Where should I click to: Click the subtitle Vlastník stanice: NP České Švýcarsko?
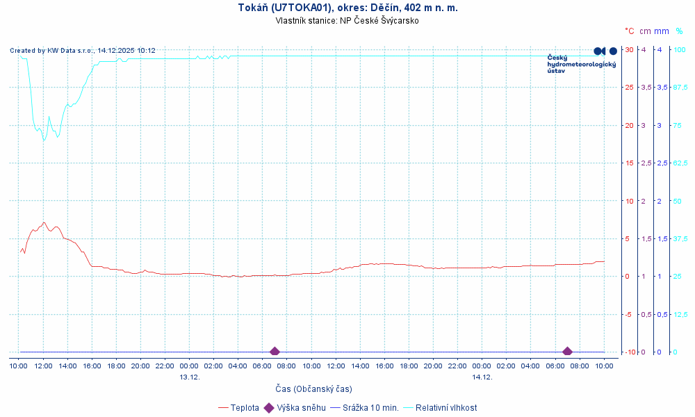click(347, 20)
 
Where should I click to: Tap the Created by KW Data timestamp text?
click(83, 51)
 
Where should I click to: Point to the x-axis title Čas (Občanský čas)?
click(313, 389)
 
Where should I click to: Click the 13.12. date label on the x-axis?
click(190, 377)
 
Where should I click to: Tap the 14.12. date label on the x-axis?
click(482, 377)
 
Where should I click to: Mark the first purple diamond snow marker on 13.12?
click(275, 352)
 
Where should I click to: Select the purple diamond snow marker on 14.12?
click(567, 352)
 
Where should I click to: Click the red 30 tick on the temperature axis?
click(629, 49)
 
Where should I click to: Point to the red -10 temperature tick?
click(629, 352)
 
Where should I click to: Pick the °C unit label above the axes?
click(629, 31)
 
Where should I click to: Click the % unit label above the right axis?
click(679, 31)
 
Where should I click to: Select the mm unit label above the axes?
click(662, 31)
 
